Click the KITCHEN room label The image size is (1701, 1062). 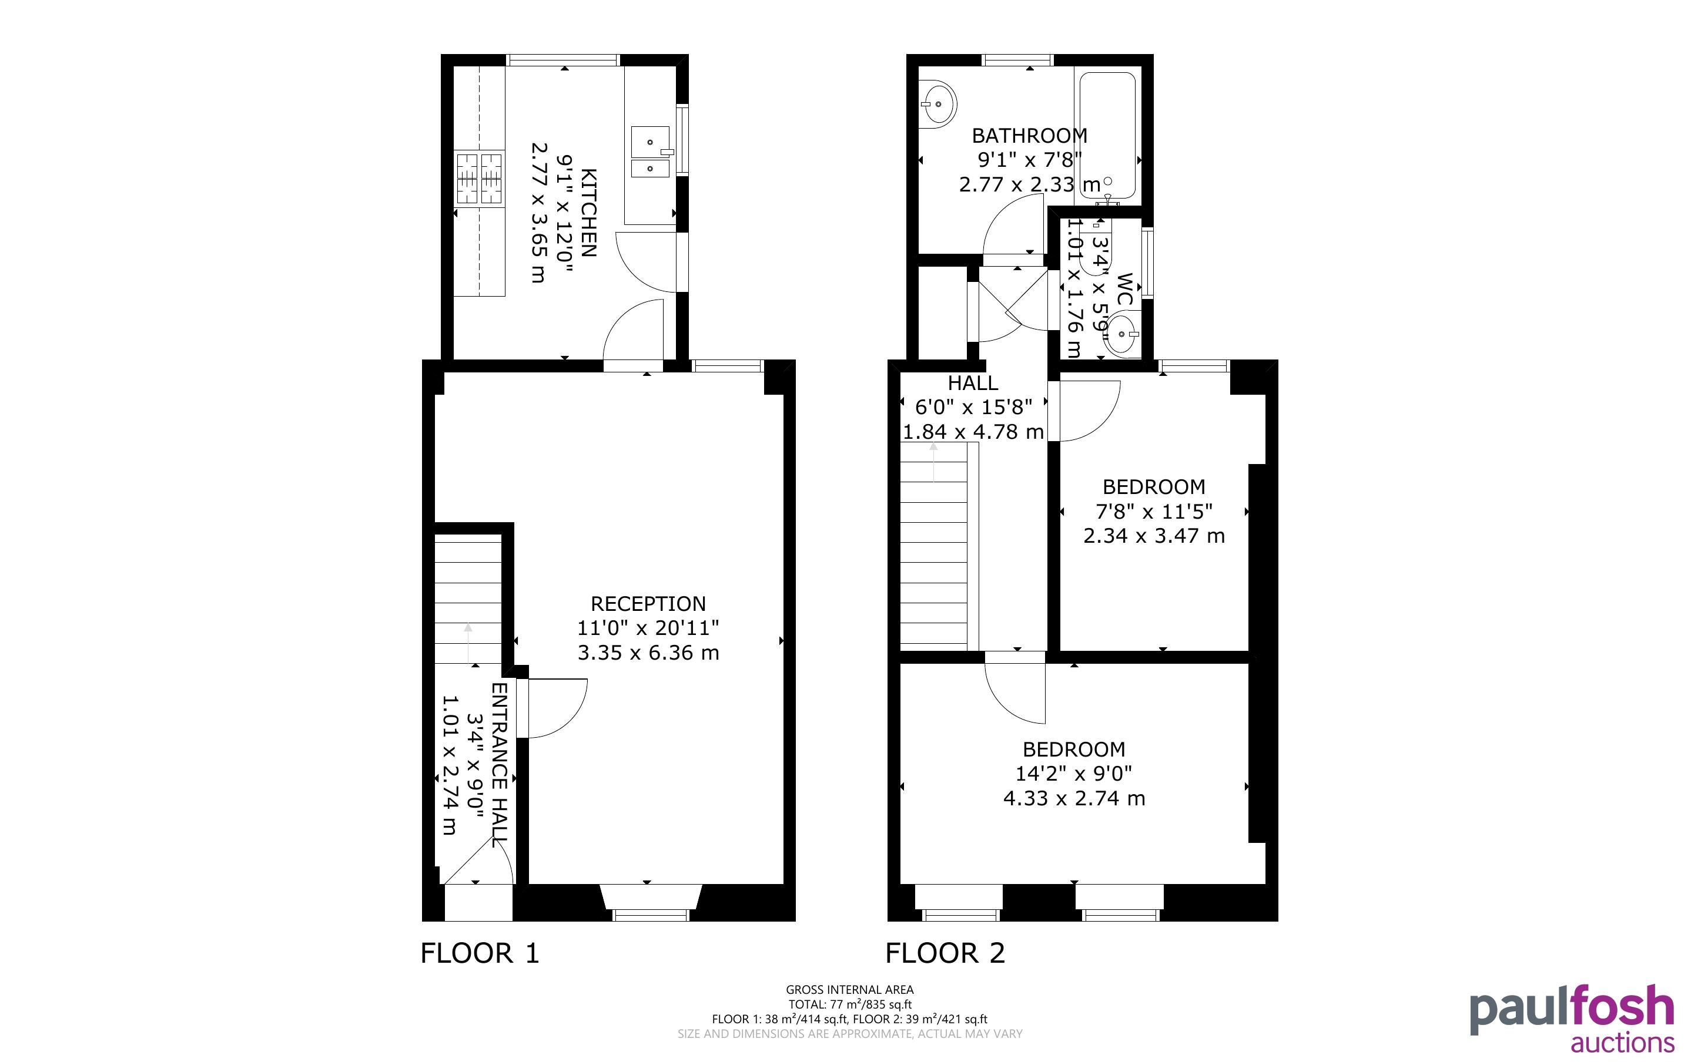[x=589, y=213]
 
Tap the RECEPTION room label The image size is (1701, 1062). [x=648, y=603]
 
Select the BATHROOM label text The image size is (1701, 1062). [x=1029, y=135]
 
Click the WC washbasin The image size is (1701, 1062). [x=1121, y=334]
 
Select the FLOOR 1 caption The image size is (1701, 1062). [x=480, y=953]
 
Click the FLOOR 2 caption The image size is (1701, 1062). [x=945, y=953]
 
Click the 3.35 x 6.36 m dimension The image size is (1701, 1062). [x=648, y=653]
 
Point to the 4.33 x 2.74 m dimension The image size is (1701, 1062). [x=1074, y=798]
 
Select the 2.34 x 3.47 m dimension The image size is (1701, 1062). [x=1154, y=535]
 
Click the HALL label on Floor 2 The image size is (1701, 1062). [x=972, y=383]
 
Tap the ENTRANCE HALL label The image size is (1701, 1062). [x=499, y=764]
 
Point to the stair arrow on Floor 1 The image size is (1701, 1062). [x=468, y=643]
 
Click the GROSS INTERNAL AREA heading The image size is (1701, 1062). [x=849, y=990]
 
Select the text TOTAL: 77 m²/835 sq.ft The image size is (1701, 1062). [x=849, y=1004]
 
